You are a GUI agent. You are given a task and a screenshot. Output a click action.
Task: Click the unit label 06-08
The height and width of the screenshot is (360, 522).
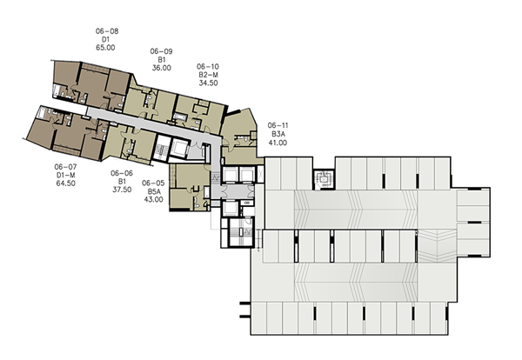pyautogui.click(x=107, y=31)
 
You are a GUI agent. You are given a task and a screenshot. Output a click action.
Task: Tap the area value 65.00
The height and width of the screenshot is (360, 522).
pyautogui.click(x=105, y=48)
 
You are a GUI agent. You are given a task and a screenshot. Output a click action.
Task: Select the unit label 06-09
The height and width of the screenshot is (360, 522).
pyautogui.click(x=161, y=51)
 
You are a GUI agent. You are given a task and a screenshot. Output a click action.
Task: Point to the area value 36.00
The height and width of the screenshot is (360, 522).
pyautogui.click(x=162, y=68)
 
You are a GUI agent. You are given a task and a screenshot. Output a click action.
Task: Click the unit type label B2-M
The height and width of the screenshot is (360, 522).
pyautogui.click(x=209, y=75)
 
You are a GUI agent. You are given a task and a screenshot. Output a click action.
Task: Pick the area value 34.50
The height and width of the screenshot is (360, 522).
pyautogui.click(x=209, y=83)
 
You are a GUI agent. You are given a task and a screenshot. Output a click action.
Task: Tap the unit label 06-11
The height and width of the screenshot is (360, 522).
pyautogui.click(x=278, y=126)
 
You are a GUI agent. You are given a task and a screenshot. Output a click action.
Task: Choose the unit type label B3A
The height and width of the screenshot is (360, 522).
pyautogui.click(x=278, y=134)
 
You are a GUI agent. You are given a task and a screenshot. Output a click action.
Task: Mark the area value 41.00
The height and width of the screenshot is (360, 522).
pyautogui.click(x=278, y=143)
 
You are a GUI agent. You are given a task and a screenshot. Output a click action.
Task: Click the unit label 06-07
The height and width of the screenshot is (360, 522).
pyautogui.click(x=65, y=167)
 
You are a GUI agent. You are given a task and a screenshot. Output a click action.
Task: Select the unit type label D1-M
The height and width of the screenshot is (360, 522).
pyautogui.click(x=65, y=175)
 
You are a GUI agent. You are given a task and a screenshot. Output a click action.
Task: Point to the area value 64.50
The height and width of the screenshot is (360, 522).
pyautogui.click(x=65, y=183)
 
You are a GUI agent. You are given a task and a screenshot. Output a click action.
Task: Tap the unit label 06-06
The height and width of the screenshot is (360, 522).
pyautogui.click(x=122, y=173)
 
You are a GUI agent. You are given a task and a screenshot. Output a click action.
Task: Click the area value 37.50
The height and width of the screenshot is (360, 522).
pyautogui.click(x=122, y=190)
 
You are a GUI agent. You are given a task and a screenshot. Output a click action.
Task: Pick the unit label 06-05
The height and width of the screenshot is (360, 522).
pyautogui.click(x=153, y=183)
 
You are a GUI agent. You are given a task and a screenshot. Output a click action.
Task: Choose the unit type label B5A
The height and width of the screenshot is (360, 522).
pyautogui.click(x=154, y=191)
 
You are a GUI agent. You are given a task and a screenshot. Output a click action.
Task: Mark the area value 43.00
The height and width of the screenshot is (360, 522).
pyautogui.click(x=153, y=200)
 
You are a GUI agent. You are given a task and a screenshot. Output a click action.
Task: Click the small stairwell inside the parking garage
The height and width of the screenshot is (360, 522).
pyautogui.click(x=324, y=179)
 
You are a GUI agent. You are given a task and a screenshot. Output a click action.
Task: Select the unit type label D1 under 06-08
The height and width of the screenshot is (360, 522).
pyautogui.click(x=105, y=39)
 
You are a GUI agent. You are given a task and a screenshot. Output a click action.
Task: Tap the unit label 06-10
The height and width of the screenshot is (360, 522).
pyautogui.click(x=208, y=67)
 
